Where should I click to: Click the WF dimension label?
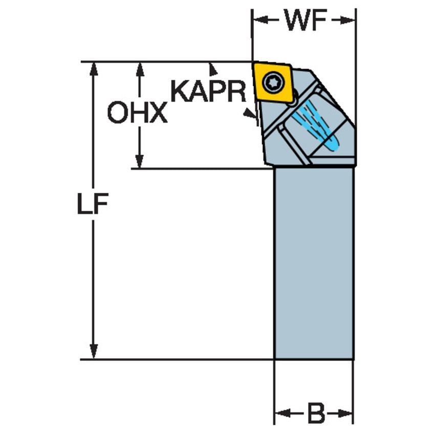305,20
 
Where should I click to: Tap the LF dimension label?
93,203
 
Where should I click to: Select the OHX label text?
138,112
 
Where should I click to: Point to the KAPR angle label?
208,91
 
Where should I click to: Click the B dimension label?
316,413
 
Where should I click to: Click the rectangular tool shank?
314,264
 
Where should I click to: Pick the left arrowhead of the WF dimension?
260,20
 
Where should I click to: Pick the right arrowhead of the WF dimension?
347,20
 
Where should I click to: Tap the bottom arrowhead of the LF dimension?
94,352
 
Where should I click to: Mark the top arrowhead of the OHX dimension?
140,69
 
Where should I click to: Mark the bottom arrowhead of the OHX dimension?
140,162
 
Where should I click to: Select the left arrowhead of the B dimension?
282,413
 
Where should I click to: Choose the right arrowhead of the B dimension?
346,413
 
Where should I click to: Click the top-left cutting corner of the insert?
252,63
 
